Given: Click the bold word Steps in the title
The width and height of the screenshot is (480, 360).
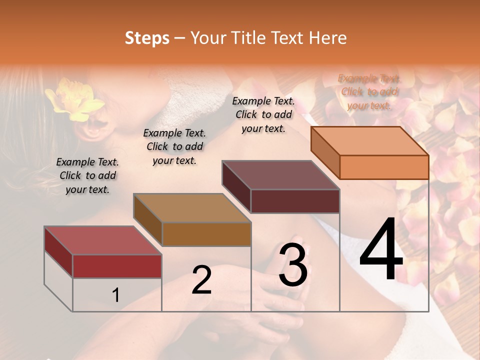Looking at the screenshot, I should point(147,38).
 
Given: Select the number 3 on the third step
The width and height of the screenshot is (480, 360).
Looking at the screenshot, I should point(293,265).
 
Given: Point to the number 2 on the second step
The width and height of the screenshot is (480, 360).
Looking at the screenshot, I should point(201,280).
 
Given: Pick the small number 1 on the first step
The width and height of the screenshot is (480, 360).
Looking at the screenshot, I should point(115,295).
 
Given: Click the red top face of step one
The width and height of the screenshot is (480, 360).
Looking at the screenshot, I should point(102,240).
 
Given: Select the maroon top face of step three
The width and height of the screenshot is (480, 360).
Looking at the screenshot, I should point(280,175).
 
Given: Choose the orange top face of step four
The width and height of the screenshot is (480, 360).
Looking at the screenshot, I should point(369,141).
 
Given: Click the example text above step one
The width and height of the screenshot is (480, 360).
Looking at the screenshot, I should point(87,175).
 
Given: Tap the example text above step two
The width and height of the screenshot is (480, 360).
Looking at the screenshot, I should point(174,146).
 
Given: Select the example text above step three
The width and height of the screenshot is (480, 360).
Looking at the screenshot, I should point(263,114).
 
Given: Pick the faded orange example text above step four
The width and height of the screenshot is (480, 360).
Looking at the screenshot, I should point(369,91).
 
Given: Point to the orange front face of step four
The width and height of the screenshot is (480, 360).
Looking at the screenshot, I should point(384,167).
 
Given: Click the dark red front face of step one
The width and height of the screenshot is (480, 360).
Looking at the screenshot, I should point(117,266).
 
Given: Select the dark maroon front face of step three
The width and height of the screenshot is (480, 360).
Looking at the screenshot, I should point(295,201).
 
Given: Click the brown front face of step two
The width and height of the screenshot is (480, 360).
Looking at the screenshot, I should point(206,234).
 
